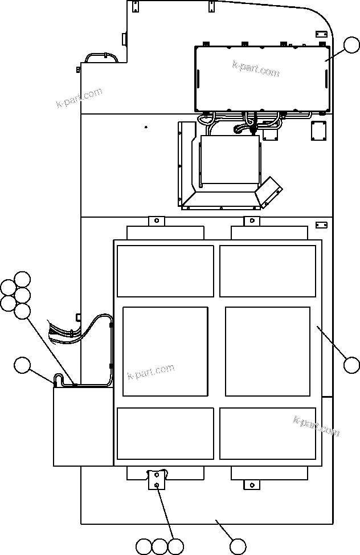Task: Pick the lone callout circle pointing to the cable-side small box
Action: coord(22,365)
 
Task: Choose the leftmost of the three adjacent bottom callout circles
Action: coord(144,546)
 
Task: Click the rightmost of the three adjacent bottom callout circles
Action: coord(176,546)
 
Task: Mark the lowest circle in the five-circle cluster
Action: coord(22,311)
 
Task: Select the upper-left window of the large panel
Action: coord(165,271)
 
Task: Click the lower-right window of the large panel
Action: coord(267,433)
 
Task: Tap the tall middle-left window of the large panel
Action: coord(165,351)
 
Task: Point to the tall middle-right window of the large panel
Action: coord(267,351)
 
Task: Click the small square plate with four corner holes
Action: coord(317,131)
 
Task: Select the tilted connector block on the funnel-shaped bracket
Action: coord(269,191)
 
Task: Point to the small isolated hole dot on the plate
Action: coord(146,128)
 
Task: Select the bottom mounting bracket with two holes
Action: coord(156,479)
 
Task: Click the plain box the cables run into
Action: coord(83,426)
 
